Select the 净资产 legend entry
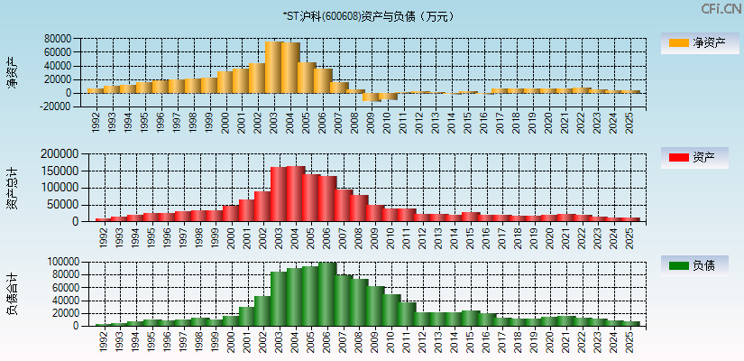tap(695, 42)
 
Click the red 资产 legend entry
tap(695, 158)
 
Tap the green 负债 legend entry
tap(695, 265)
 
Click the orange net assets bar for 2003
tap(273, 67)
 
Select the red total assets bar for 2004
tap(295, 193)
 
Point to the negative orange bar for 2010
tap(387, 96)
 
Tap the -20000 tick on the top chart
tap(54, 106)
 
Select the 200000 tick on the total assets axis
tap(60, 154)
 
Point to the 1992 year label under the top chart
tap(96, 121)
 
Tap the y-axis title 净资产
tap(12, 72)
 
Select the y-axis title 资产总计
tap(12, 187)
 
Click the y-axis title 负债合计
tap(12, 293)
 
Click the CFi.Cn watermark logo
tap(720, 9)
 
